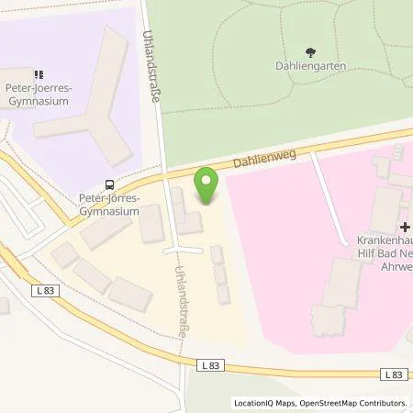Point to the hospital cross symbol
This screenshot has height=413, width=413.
[x=405, y=227]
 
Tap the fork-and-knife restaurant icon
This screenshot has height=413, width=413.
[x=38, y=74]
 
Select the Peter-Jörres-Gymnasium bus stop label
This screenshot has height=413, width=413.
[x=107, y=205]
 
